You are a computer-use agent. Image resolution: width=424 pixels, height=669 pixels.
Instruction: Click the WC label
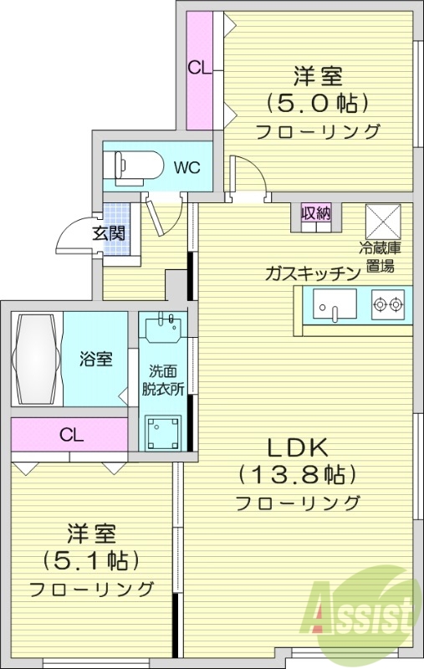pyautogui.click(x=186, y=166)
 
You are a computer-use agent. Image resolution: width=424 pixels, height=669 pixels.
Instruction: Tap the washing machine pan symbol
pyautogui.click(x=165, y=433)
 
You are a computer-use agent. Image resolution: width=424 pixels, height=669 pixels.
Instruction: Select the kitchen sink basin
pyautogui.click(x=335, y=304)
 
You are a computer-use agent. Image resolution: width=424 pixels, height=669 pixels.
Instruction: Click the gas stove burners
pyautogui.click(x=388, y=304)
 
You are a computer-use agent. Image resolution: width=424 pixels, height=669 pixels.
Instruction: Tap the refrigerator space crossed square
pyautogui.click(x=384, y=220)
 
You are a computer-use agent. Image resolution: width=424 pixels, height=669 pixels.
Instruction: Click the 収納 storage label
pyautogui.click(x=316, y=214)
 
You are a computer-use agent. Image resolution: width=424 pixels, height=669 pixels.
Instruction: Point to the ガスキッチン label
pyautogui.click(x=312, y=272)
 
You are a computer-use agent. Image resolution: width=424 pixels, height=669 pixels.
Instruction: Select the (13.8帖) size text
pyautogui.click(x=297, y=474)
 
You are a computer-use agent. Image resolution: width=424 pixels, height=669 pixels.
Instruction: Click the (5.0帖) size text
pyautogui.click(x=317, y=104)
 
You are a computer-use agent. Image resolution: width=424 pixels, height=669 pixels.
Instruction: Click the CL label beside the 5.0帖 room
pyautogui.click(x=199, y=68)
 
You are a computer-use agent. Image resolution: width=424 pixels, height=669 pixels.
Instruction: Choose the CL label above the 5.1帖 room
pyautogui.click(x=71, y=435)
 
